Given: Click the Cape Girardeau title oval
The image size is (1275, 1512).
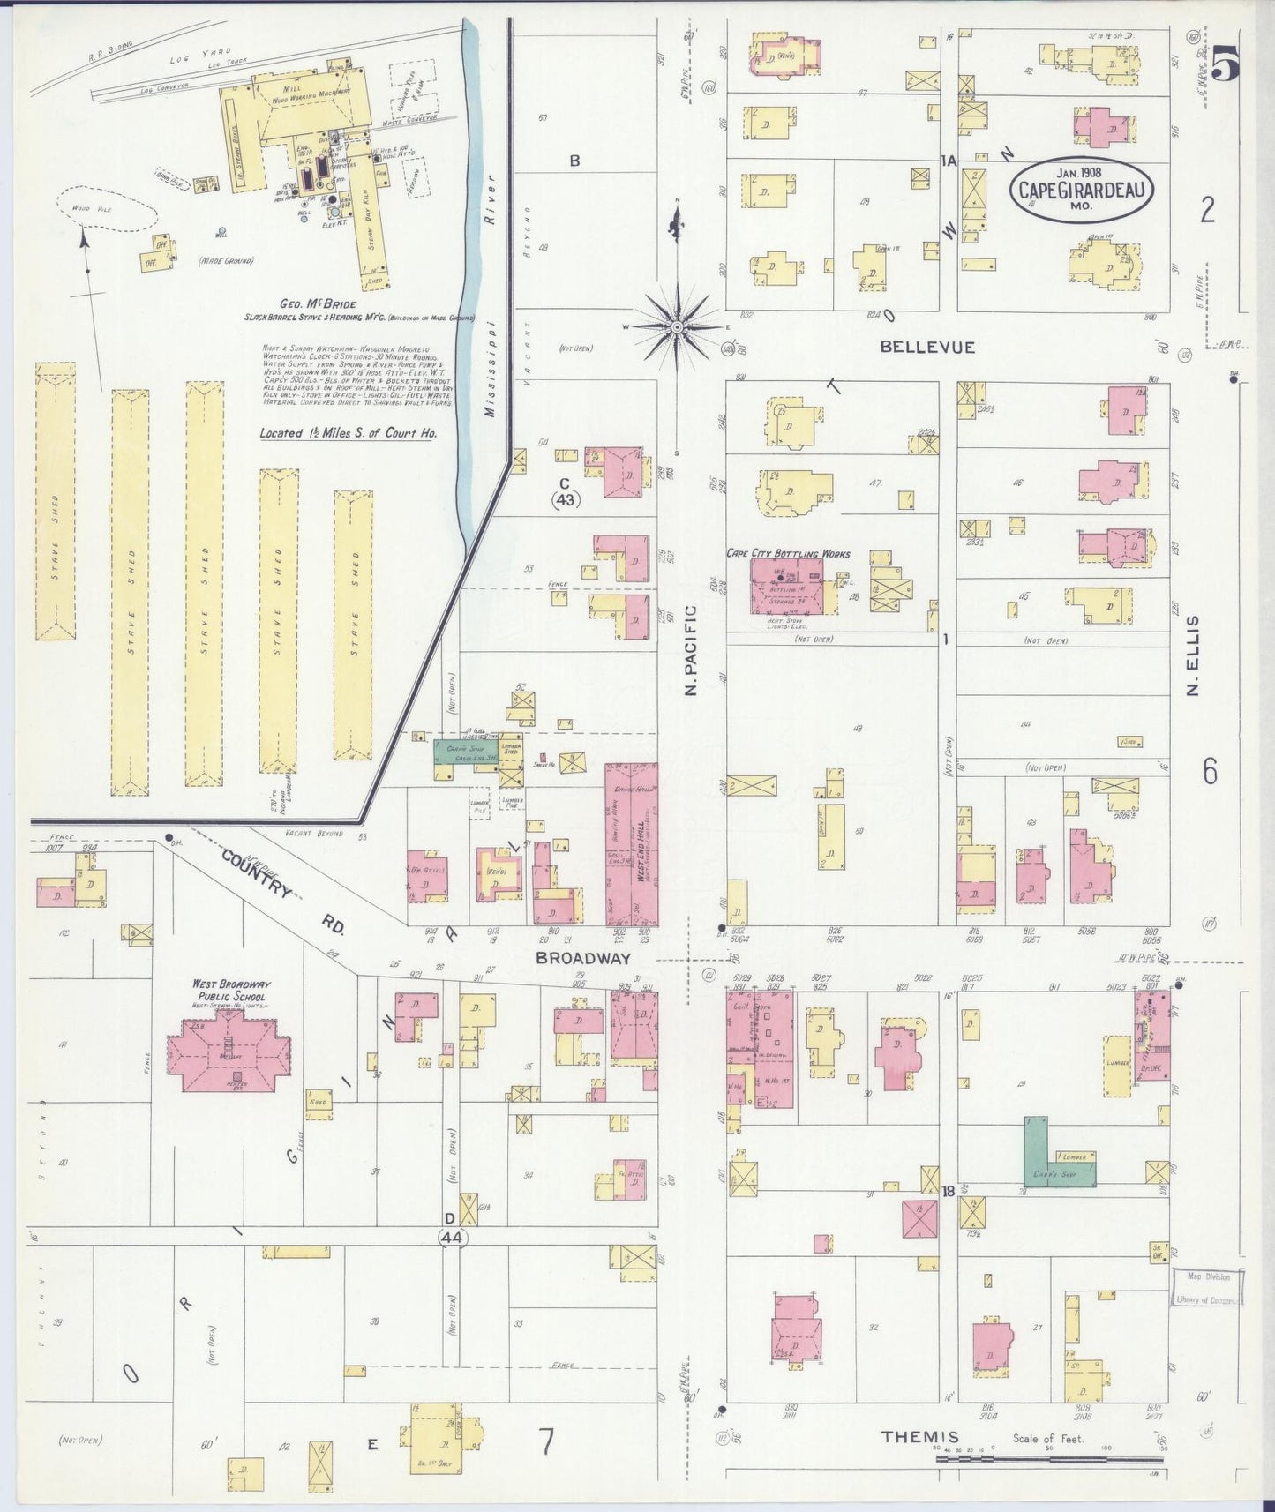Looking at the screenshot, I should click(1082, 191).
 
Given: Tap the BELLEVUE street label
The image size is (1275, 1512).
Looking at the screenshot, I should click(926, 348).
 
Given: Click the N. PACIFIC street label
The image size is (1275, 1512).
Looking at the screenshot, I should click(691, 650).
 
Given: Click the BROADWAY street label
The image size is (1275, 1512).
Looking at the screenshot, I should click(583, 958).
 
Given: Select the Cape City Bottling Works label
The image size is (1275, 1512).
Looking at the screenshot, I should click(788, 554).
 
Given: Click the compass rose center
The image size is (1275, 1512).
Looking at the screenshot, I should click(677, 327).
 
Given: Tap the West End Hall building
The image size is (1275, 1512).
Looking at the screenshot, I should click(632, 843).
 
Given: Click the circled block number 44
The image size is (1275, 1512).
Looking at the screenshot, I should click(451, 1239).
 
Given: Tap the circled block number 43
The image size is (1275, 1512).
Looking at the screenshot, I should click(566, 499).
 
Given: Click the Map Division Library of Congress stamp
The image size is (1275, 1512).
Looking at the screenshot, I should click(1209, 1287).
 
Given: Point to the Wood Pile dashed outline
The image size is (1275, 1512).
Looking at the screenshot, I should click(106, 209).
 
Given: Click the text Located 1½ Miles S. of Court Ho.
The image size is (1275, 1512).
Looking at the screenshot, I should click(348, 434).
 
